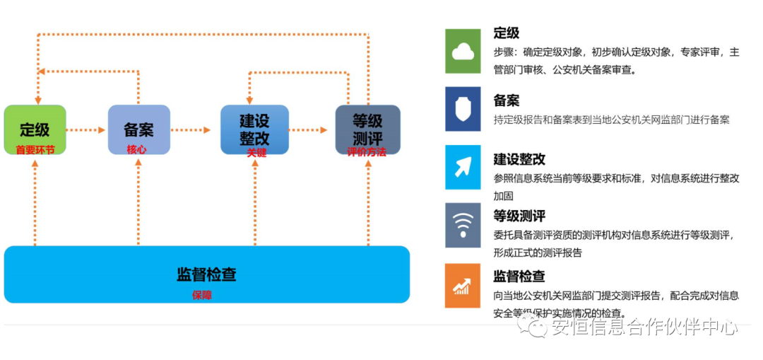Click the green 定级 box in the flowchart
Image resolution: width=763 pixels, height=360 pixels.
tap(35, 129)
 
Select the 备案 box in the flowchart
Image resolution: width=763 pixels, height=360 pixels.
tap(138, 129)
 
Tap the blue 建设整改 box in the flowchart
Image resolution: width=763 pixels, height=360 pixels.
tap(254, 129)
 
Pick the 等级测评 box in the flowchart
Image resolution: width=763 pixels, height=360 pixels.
tap(367, 129)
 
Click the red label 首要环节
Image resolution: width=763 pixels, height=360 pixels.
tap(35, 149)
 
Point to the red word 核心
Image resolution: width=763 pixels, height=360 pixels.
tap(137, 149)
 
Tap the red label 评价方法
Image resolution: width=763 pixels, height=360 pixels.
tap(367, 151)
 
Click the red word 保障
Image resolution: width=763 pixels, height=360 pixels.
tap(202, 296)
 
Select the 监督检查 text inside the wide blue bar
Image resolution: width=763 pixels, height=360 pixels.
tap(206, 274)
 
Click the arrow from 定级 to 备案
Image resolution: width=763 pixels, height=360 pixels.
tap(85, 130)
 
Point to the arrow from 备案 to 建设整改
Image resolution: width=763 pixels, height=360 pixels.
tap(191, 130)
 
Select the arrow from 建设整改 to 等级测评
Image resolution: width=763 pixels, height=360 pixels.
tap(308, 130)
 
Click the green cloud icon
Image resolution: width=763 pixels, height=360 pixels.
tap(463, 51)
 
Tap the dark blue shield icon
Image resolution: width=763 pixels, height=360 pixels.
tap(463, 109)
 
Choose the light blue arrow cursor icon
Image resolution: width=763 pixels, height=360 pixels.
tap(463, 168)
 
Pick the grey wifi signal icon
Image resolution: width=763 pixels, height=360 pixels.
tap(463, 226)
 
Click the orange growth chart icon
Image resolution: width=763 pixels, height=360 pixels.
tap(463, 285)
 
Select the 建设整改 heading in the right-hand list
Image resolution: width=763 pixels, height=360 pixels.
tap(519, 160)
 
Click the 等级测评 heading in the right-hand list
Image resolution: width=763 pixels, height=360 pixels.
tap(519, 216)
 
